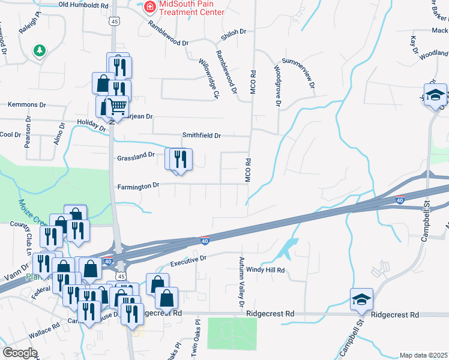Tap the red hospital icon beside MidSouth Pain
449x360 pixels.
pyautogui.click(x=148, y=7)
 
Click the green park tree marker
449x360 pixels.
pyautogui.click(x=40, y=50)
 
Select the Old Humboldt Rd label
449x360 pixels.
pyautogui.click(x=83, y=5)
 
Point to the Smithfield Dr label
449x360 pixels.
pyautogui.click(x=202, y=136)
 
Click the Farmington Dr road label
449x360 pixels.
pyautogui.click(x=138, y=187)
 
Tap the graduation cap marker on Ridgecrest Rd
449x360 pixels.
pyautogui.click(x=362, y=299)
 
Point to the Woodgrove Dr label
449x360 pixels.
pyautogui.click(x=278, y=86)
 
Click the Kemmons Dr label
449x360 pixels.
pyautogui.click(x=26, y=104)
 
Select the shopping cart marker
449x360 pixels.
pyautogui.click(x=118, y=106)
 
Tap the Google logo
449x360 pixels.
pyautogui.click(x=20, y=352)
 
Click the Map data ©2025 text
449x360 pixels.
pyautogui.click(x=423, y=355)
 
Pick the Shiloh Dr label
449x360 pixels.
pyautogui.click(x=235, y=32)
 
